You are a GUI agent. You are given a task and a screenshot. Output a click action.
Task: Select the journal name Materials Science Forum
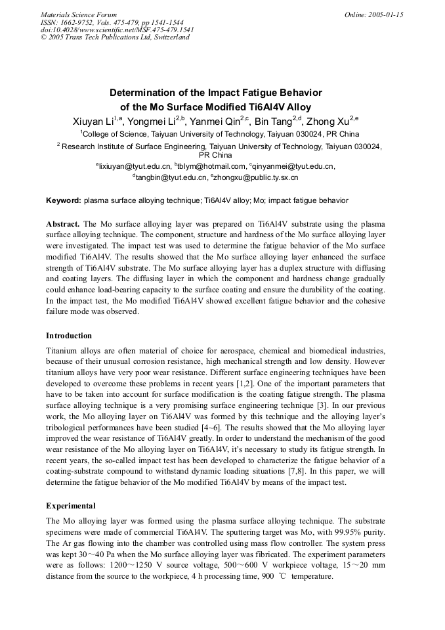pyautogui.click(x=79, y=14)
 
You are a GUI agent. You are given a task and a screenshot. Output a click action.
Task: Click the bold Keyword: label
pyautogui.click(x=63, y=200)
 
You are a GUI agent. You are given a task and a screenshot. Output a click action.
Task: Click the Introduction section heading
pyautogui.click(x=69, y=336)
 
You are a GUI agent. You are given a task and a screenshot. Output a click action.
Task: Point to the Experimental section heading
pyautogui.click(x=71, y=506)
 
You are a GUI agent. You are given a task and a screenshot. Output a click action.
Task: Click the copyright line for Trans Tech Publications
pyautogui.click(x=115, y=37)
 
